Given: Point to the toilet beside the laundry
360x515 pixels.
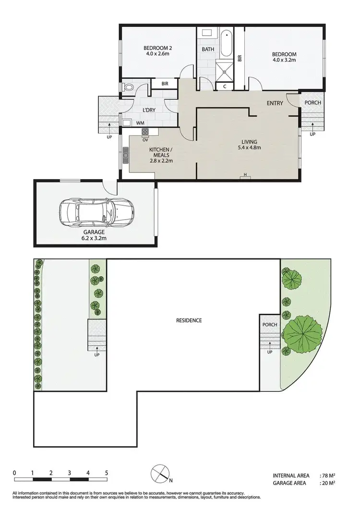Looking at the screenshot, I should [128, 87].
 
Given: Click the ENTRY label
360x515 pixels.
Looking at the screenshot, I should [275, 103].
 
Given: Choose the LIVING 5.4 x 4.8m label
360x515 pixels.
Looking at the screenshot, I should [249, 145].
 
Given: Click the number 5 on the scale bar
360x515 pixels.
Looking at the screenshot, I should [106, 473].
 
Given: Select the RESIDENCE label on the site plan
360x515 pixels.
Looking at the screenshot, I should [189, 320].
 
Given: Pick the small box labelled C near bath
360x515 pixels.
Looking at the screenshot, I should [225, 86].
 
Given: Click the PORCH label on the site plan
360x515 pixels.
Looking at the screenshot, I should [270, 325].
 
